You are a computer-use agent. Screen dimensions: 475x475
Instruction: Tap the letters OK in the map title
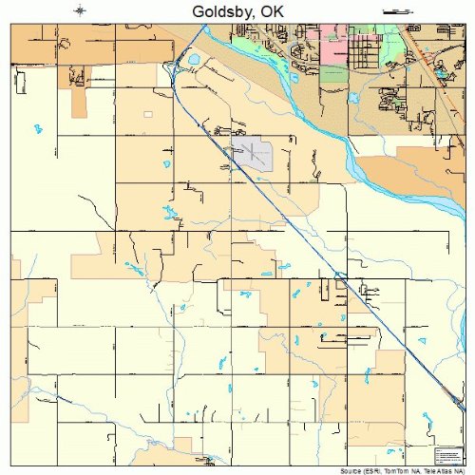pos(274,10)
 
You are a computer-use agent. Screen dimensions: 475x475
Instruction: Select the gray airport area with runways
pos(254,151)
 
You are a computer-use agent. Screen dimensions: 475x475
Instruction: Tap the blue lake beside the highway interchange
pos(193,62)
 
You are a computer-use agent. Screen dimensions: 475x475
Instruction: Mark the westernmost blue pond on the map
pos(38,127)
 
